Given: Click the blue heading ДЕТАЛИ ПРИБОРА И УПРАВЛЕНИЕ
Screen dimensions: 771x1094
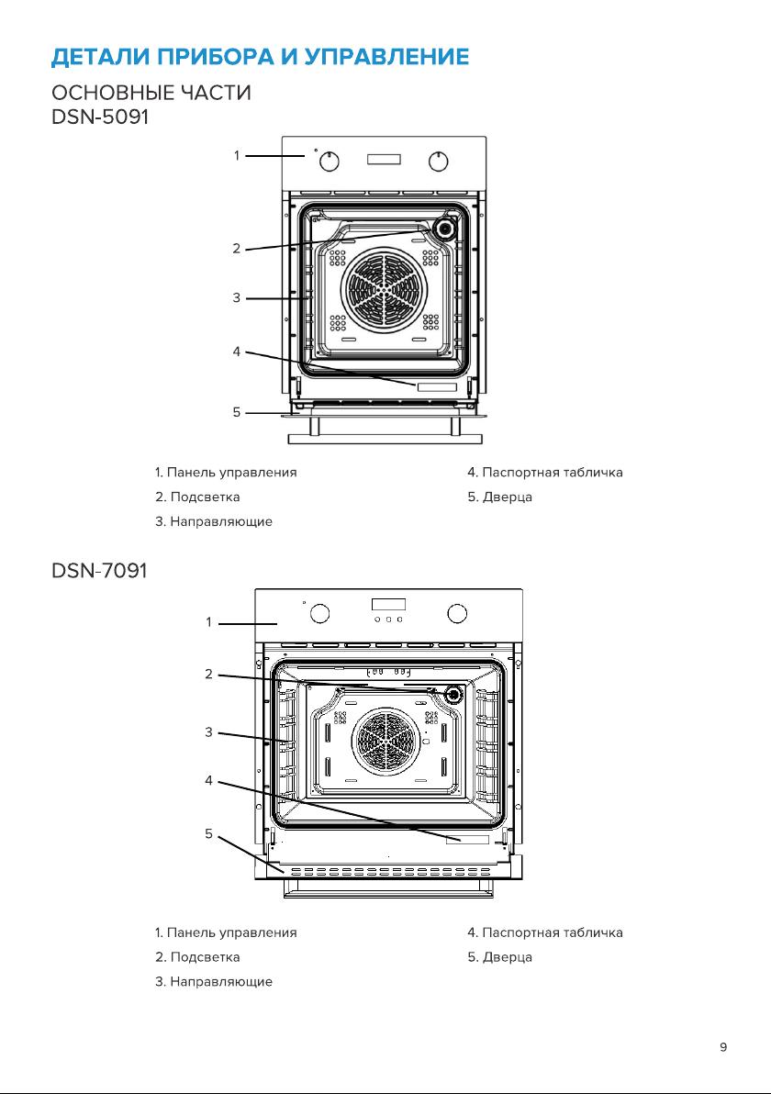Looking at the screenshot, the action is coord(261,57).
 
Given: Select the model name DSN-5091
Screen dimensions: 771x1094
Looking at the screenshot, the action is coord(100,117).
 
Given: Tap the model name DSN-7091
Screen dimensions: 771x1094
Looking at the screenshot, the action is coord(100,571).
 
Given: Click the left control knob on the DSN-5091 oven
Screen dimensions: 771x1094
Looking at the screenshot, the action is coord(330,162).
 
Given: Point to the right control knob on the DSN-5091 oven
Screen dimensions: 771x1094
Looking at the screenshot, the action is coord(438,162).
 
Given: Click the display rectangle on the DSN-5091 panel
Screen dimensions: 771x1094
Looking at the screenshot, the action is coord(384,159).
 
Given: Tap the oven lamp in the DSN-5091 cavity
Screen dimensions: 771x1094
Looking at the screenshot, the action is coord(443,228).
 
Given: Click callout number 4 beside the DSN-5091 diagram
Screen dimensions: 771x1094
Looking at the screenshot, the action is coord(237,352).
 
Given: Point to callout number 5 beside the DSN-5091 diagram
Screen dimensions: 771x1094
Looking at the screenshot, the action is coord(237,412).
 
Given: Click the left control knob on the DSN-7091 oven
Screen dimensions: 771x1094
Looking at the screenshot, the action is coord(319,613).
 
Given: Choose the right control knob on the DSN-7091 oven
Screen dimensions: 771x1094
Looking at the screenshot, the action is coord(457,613).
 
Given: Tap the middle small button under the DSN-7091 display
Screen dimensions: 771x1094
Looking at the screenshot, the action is coord(388,619).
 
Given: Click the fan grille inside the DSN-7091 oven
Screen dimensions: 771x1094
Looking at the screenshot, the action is coord(385,741).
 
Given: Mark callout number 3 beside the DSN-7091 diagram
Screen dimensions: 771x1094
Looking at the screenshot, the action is coord(208,731).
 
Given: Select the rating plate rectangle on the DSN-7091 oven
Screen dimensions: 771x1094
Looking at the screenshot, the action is coord(467,840).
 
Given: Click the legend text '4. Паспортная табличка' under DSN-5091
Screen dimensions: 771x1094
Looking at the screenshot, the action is coord(545,473).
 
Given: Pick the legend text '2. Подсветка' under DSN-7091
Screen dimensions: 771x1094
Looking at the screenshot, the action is coord(197,957).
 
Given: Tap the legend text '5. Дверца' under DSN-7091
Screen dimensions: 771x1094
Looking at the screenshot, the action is coord(499,957).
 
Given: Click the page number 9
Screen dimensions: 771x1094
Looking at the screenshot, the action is coord(723,1046).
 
